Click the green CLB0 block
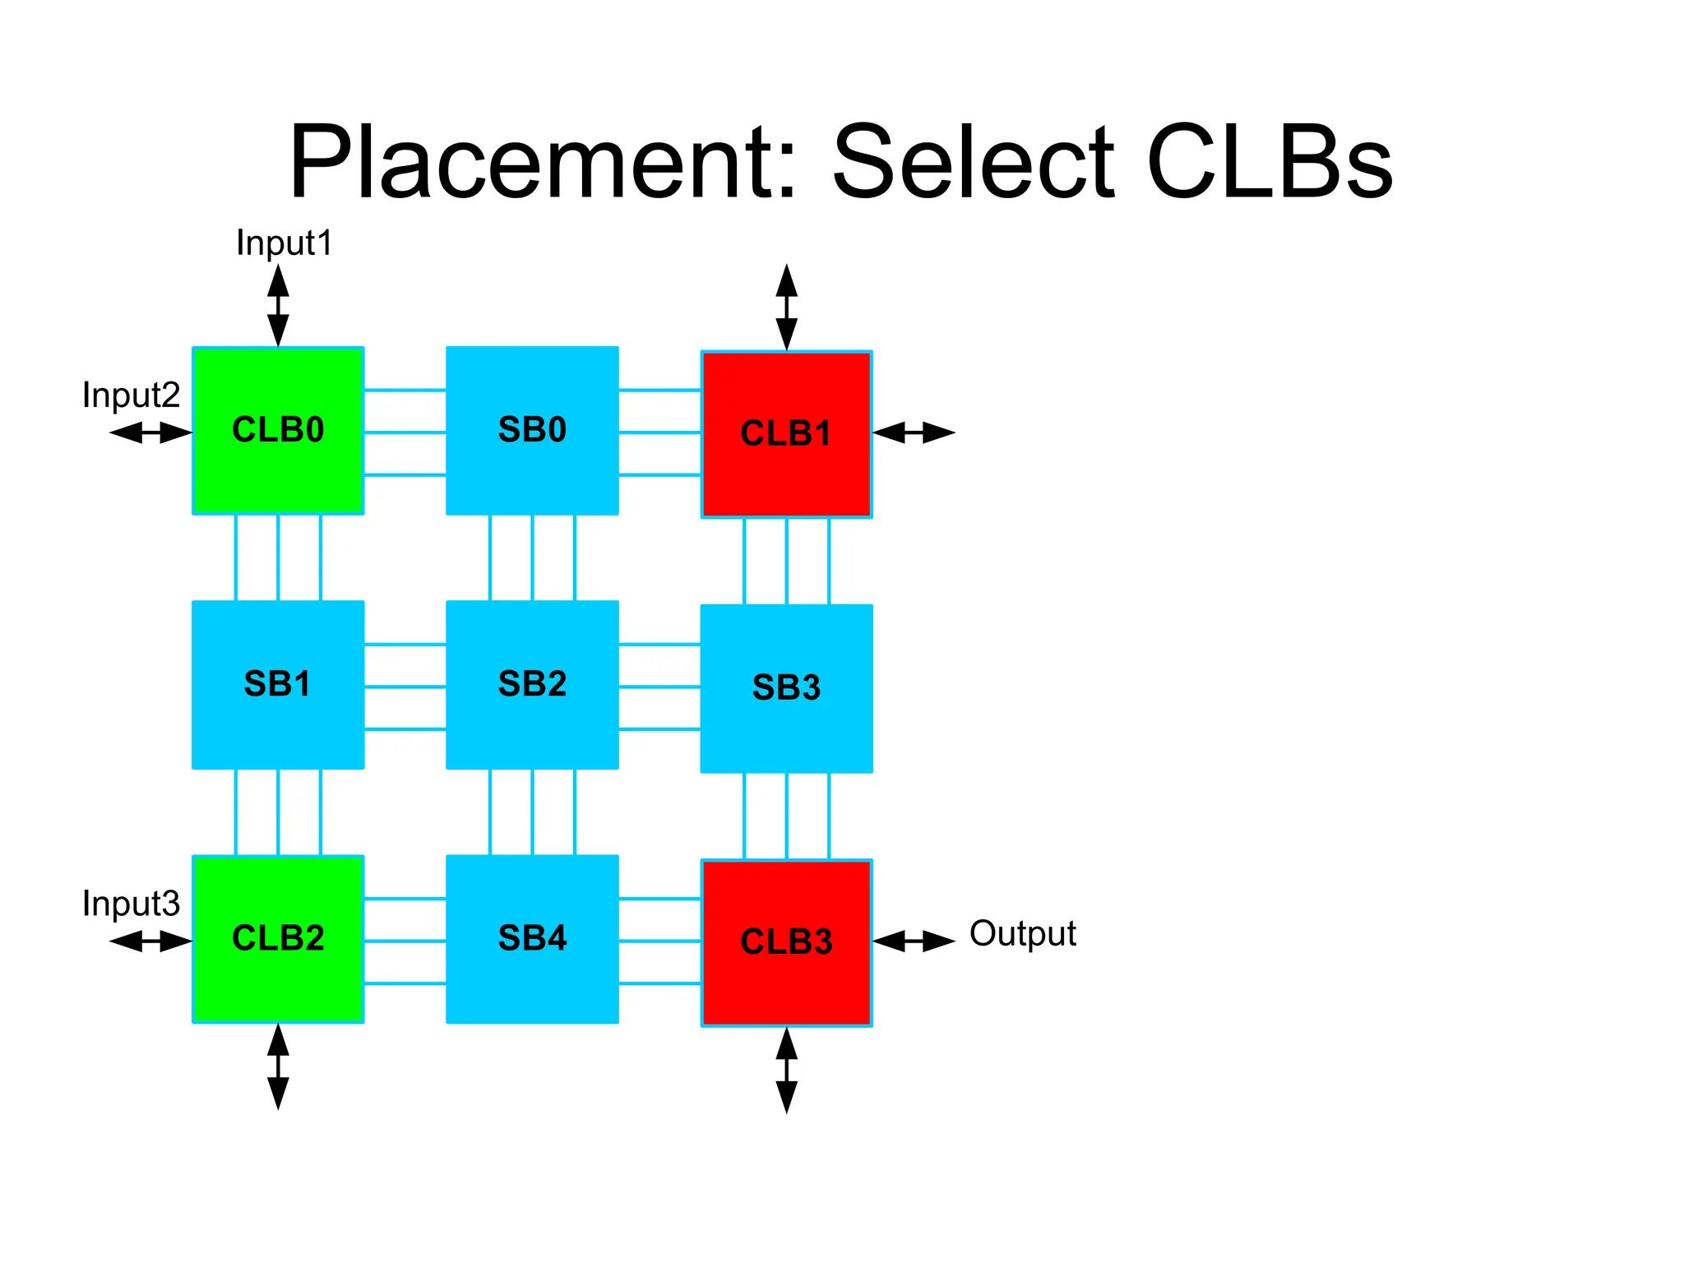pyautogui.click(x=278, y=430)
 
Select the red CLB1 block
pyautogui.click(x=786, y=434)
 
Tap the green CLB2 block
pyautogui.click(x=278, y=938)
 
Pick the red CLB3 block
pyautogui.click(x=786, y=942)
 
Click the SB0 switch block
pyautogui.click(x=532, y=430)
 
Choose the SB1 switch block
pyautogui.click(x=278, y=684)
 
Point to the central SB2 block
pyautogui.click(x=532, y=684)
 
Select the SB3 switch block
pyautogui.click(x=786, y=688)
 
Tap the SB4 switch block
pyautogui.click(x=532, y=938)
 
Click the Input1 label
pyautogui.click(x=284, y=243)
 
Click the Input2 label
pyautogui.click(x=131, y=396)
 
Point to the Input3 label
pyautogui.click(x=131, y=904)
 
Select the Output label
pyautogui.click(x=1022, y=934)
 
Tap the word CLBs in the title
pyautogui.click(x=1269, y=162)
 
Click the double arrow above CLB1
pyautogui.click(x=786, y=307)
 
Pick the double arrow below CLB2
pyautogui.click(x=278, y=1066)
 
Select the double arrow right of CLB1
pyautogui.click(x=914, y=433)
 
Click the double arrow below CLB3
pyautogui.click(x=786, y=1070)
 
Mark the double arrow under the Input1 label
pyautogui.click(x=278, y=305)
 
